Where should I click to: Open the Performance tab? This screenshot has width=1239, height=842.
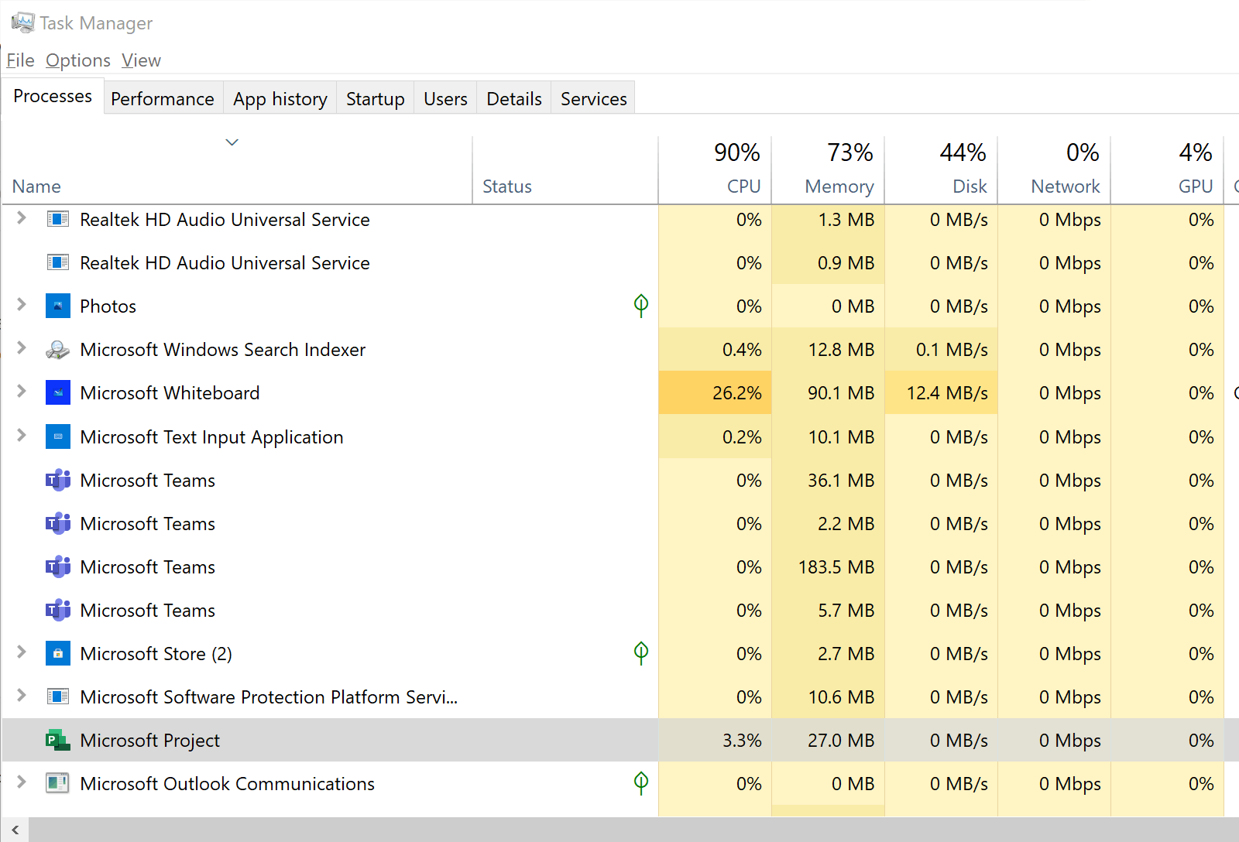tap(163, 98)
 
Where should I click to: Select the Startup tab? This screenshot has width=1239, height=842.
tap(375, 98)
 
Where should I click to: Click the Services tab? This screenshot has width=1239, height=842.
tap(593, 98)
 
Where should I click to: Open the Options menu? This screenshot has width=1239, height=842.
tap(78, 60)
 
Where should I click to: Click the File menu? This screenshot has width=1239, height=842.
tap(20, 60)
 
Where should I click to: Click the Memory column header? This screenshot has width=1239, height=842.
tap(839, 187)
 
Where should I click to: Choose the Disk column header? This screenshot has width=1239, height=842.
tap(970, 187)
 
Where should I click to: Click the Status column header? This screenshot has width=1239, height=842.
tap(506, 187)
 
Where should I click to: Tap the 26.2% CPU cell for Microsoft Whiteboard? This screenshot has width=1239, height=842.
tap(736, 393)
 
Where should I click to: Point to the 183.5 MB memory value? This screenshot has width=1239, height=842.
tap(836, 567)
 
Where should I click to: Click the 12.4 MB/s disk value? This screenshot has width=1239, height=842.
tap(947, 393)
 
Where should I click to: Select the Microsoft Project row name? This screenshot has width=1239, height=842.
tap(150, 741)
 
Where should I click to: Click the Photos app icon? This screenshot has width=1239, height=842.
tap(58, 306)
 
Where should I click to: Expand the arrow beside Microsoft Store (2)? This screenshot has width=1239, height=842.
tap(21, 652)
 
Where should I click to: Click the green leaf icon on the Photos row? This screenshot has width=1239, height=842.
tap(641, 305)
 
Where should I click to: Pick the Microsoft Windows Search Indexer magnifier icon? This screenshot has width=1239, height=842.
tap(57, 349)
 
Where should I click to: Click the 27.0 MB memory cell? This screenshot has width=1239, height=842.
tap(841, 741)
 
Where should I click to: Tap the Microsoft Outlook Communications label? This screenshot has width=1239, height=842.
tap(228, 783)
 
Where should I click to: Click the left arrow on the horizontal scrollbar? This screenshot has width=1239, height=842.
tap(15, 830)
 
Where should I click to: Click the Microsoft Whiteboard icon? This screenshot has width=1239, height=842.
tap(58, 392)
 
